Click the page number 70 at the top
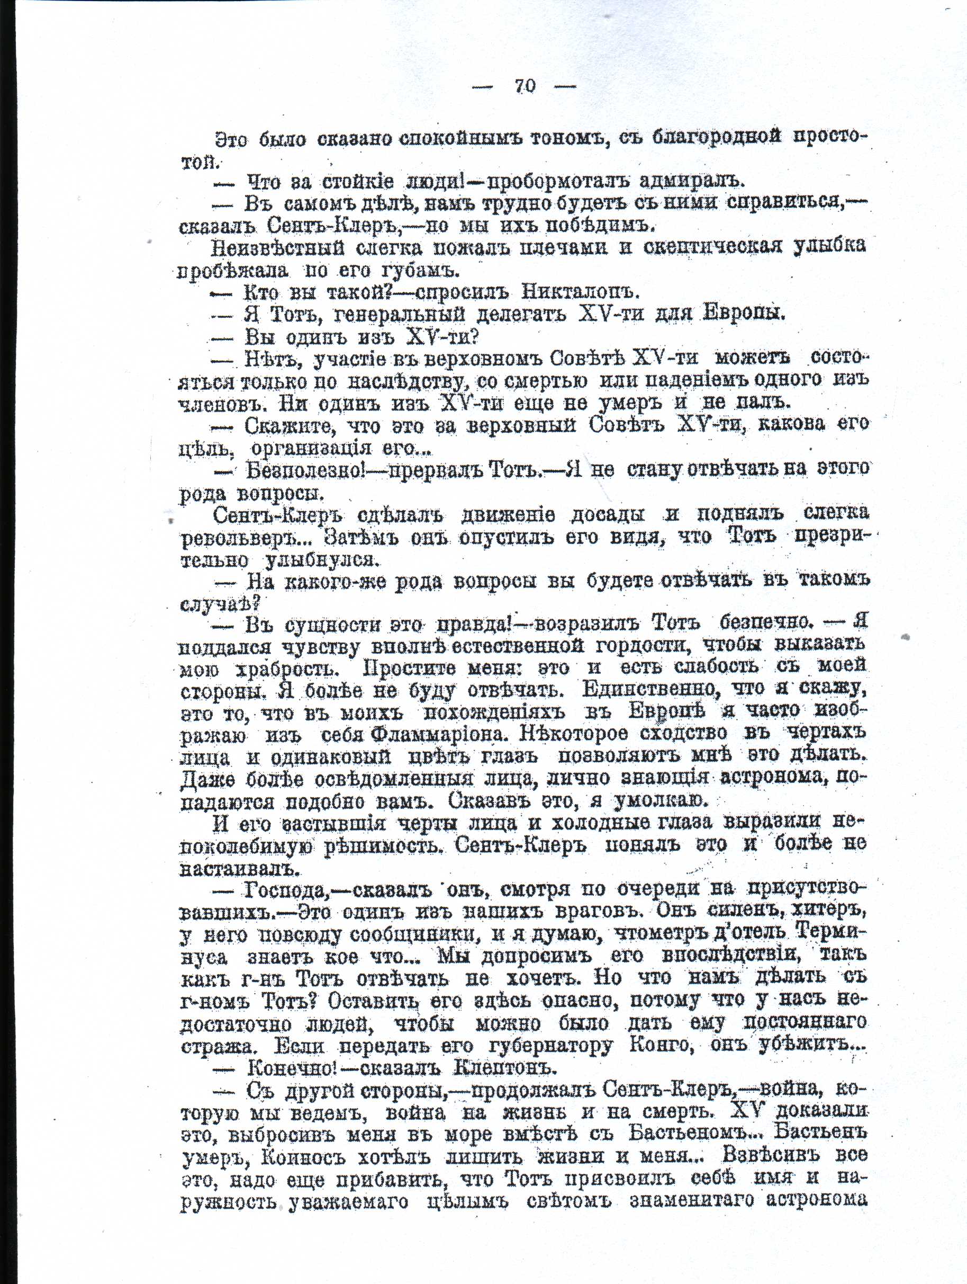(525, 86)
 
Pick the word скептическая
(713, 246)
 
